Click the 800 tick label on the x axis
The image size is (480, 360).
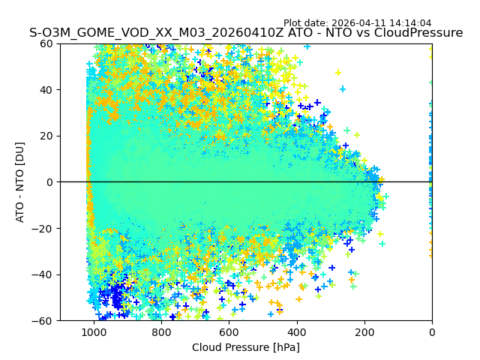click(x=161, y=332)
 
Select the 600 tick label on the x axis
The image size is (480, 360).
click(x=229, y=332)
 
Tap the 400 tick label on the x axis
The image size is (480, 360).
click(x=296, y=332)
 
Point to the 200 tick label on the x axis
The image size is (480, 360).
click(x=364, y=332)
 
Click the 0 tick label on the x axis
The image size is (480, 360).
click(x=431, y=332)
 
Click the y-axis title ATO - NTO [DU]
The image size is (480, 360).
click(x=20, y=182)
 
